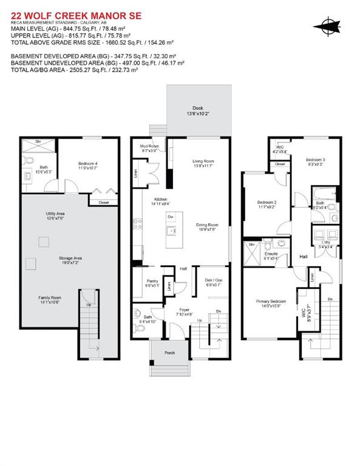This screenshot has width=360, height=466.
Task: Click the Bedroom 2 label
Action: (267, 203)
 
